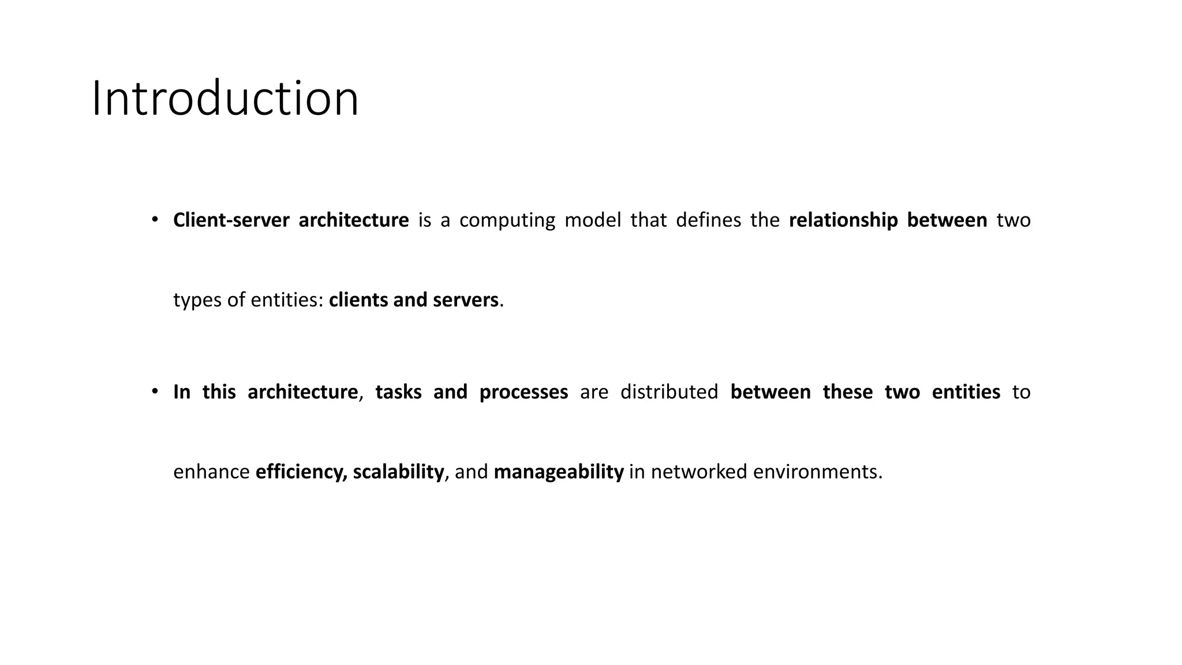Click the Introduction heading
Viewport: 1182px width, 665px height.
pos(225,99)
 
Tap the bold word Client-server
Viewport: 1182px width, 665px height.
pos(231,220)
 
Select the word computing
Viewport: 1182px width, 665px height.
pos(507,221)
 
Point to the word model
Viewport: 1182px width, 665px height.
pos(593,220)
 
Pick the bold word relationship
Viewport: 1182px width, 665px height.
pos(843,220)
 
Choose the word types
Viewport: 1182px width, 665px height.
pos(197,300)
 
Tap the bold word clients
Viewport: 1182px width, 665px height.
pos(358,300)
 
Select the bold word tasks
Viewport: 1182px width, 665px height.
pos(398,392)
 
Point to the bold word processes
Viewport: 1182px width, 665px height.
pos(523,393)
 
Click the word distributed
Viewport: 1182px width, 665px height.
pos(669,392)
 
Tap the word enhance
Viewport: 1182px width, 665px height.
pos(211,472)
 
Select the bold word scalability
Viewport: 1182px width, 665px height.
pos(398,472)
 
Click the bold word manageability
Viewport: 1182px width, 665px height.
pos(559,472)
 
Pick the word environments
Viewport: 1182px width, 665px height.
pos(817,472)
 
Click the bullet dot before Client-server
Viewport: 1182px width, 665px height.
pos(155,219)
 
